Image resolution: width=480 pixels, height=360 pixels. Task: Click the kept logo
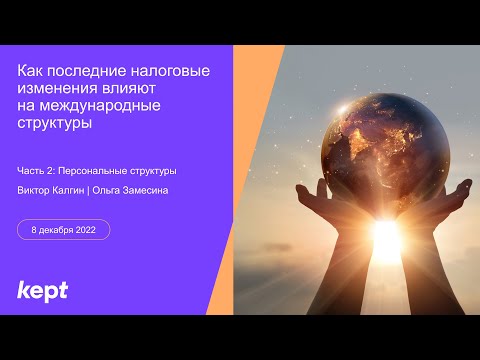[x=42, y=291]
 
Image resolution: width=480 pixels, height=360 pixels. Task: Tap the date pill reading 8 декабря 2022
[x=64, y=229]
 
